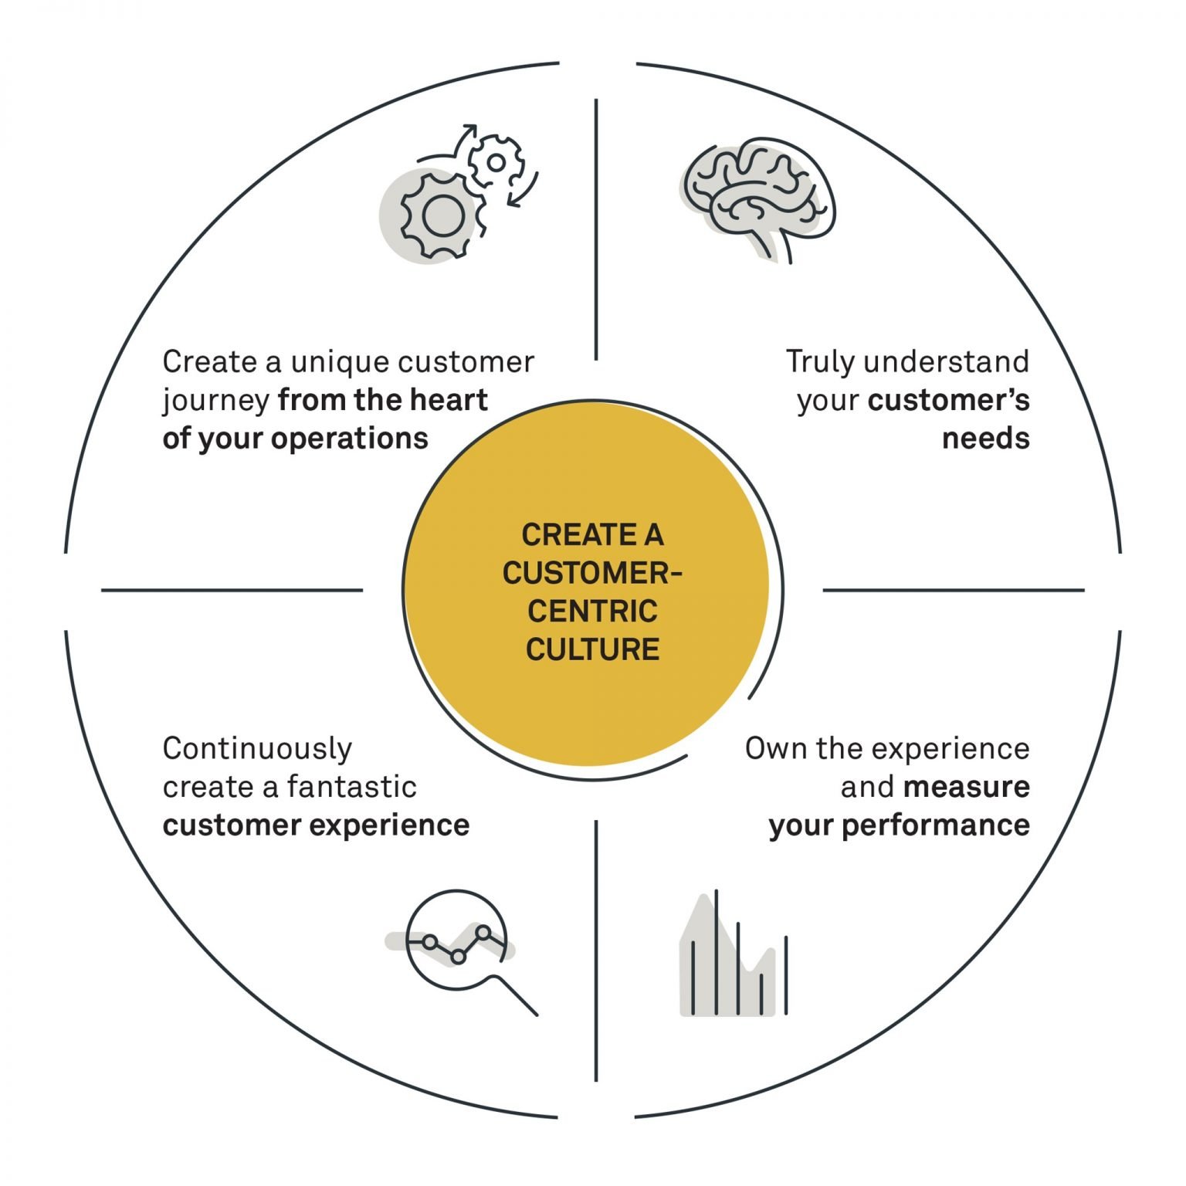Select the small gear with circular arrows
point(496,162)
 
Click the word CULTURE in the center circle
point(592,649)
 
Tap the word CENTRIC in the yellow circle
point(592,612)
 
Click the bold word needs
point(985,439)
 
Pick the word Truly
point(820,361)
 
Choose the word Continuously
point(257,748)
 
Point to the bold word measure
point(967,787)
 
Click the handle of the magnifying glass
point(516,995)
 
